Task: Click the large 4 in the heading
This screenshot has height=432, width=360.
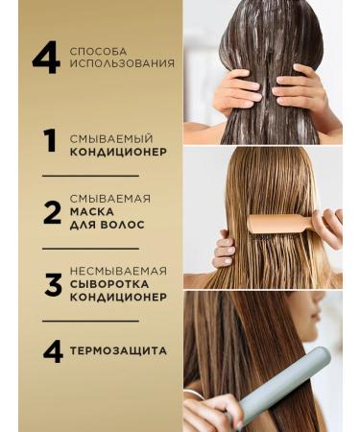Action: pyautogui.click(x=45, y=58)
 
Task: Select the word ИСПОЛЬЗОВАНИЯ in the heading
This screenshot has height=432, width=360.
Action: pyautogui.click(x=122, y=64)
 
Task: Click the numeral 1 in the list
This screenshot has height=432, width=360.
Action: pyautogui.click(x=51, y=142)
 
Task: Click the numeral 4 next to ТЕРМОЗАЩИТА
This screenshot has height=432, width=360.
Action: pyautogui.click(x=51, y=350)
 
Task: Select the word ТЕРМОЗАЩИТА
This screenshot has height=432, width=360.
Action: pyautogui.click(x=119, y=350)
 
